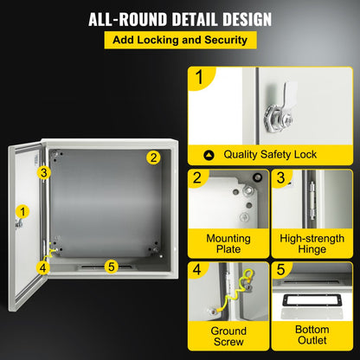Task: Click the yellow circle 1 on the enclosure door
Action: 22,209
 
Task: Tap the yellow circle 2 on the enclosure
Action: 152,157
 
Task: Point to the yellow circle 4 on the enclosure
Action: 43,267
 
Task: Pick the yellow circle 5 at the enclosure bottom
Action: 110,266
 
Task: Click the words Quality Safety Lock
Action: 268,155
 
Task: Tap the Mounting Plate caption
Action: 228,244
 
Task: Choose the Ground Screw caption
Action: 228,337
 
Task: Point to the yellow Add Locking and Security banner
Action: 180,41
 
